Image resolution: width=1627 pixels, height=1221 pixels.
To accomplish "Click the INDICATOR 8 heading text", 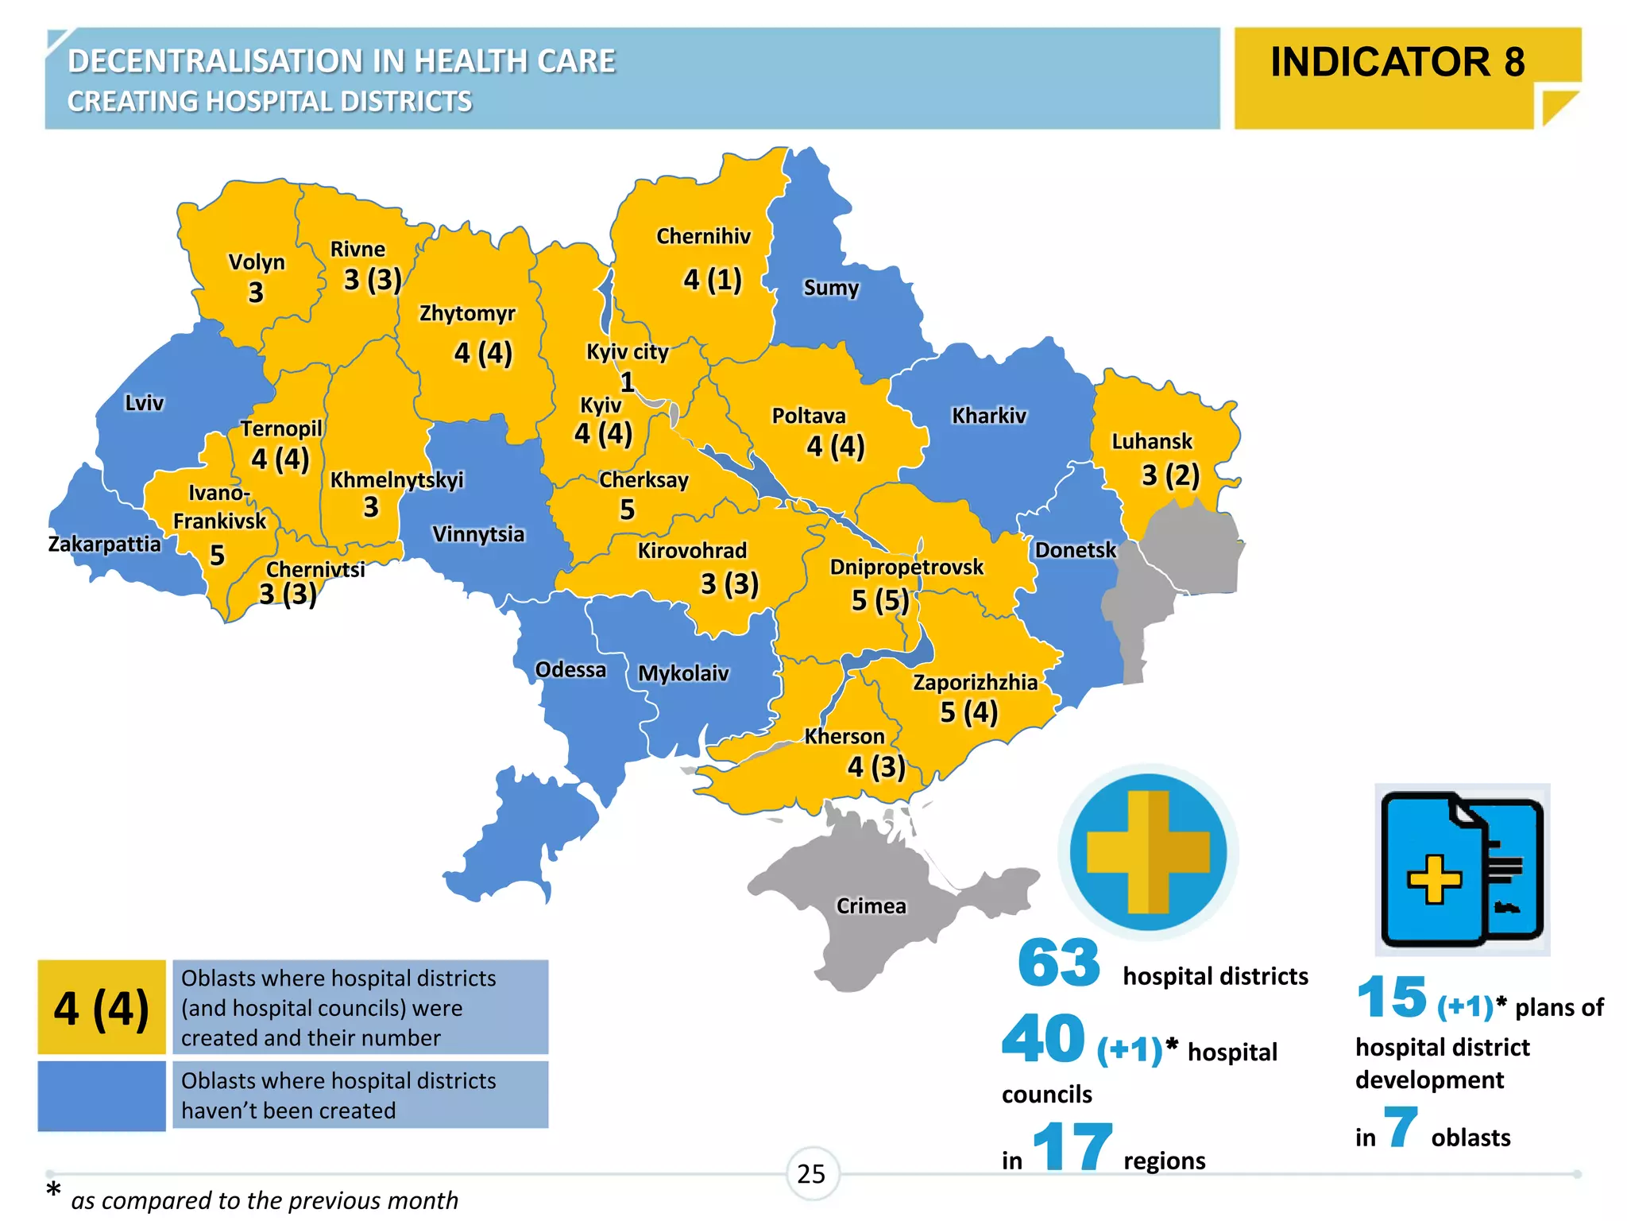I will click(x=1397, y=62).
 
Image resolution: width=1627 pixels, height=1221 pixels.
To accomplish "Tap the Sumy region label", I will click(x=831, y=287).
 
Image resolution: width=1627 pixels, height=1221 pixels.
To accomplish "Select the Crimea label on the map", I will click(x=871, y=906).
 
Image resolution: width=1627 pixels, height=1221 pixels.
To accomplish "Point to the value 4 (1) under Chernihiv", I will click(x=713, y=280).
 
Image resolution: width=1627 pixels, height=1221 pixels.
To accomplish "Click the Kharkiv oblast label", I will click(x=989, y=416).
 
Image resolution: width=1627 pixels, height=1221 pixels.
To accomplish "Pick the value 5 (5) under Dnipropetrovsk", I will click(x=880, y=600).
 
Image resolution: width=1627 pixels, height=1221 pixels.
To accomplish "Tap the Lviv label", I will click(x=144, y=403).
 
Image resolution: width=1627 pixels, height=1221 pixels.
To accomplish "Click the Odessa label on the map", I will click(x=570, y=669).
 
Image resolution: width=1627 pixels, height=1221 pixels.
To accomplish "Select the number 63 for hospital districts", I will click(x=1058, y=963).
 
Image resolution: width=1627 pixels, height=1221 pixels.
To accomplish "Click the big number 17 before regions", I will click(x=1072, y=1147).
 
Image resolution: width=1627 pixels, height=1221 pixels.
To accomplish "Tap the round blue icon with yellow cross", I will click(x=1148, y=853).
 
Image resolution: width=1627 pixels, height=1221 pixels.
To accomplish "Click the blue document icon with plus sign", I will click(x=1462, y=870).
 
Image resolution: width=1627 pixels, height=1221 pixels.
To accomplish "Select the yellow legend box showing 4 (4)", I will click(x=102, y=1008).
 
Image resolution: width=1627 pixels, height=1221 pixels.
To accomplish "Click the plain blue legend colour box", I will click(x=102, y=1095).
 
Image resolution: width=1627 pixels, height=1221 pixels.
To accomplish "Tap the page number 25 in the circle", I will click(x=811, y=1174).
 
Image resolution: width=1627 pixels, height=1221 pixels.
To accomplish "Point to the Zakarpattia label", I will click(x=104, y=545).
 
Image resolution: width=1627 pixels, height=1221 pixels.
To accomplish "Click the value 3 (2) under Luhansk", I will click(x=1170, y=475).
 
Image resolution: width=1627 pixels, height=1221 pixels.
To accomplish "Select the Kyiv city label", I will click(x=627, y=351).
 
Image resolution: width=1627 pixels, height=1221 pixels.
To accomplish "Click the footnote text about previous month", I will click(x=264, y=1200).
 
